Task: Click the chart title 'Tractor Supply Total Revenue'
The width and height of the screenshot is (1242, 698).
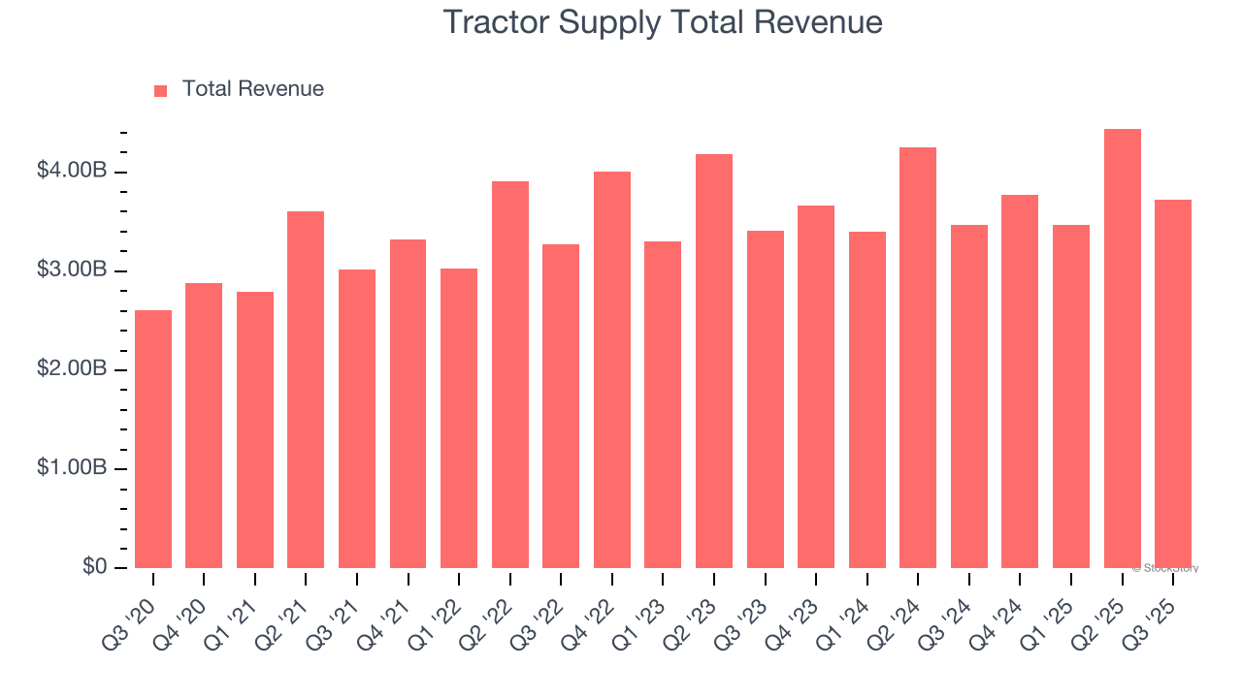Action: [x=663, y=22]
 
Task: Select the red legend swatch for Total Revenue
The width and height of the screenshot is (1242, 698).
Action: [x=161, y=90]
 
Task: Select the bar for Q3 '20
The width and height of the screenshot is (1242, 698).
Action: [x=153, y=439]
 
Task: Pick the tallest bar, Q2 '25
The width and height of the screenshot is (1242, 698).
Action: [x=1122, y=349]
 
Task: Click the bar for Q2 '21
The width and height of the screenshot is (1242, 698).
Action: [x=306, y=390]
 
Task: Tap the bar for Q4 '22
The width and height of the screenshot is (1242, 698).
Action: [x=611, y=370]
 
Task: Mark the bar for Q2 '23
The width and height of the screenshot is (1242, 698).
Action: [x=713, y=362]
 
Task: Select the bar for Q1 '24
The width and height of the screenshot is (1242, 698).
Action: [x=866, y=399]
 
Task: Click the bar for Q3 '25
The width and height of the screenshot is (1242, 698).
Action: [x=1172, y=384]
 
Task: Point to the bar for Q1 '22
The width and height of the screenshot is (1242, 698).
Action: [x=458, y=418]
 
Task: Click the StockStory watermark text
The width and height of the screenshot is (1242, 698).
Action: [x=1165, y=568]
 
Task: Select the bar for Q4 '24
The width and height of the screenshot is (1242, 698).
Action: [x=1020, y=381]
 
